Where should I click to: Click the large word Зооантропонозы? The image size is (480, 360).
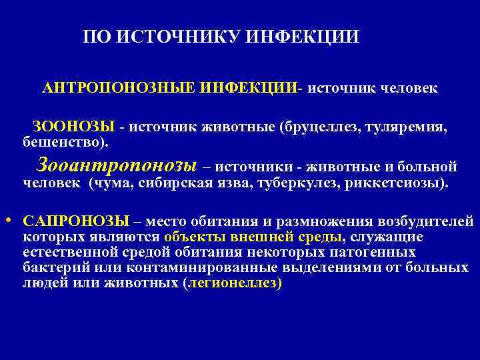pos(118,164)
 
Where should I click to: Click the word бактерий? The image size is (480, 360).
pos(52,267)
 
